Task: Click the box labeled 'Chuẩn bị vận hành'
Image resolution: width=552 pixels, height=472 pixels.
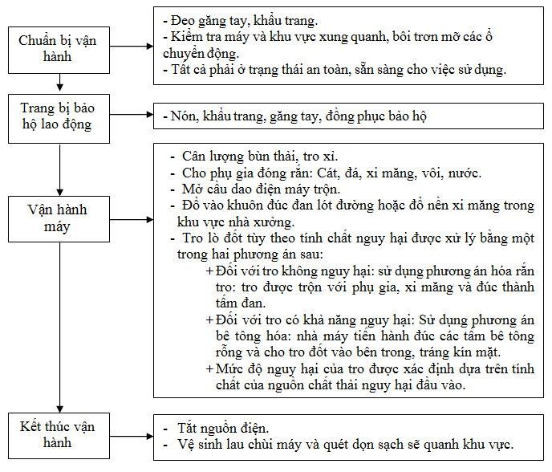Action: click(58, 49)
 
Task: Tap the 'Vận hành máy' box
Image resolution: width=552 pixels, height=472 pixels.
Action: click(58, 218)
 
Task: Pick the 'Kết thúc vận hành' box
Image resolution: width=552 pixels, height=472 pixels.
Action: click(58, 434)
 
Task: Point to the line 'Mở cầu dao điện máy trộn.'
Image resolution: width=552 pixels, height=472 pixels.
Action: click(262, 189)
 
